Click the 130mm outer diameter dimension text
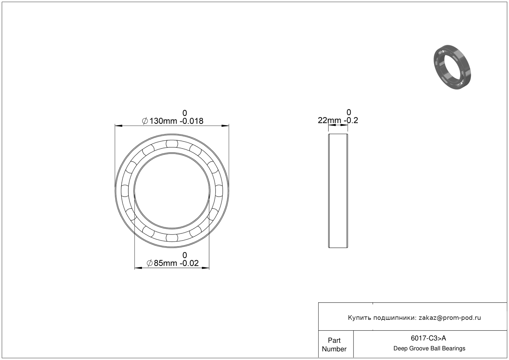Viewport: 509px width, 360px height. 163,121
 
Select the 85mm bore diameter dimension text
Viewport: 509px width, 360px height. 165,263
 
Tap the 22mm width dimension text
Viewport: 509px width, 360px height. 329,121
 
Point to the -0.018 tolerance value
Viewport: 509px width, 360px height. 191,121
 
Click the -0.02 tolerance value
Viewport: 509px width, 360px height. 189,263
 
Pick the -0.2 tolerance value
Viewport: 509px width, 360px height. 351,121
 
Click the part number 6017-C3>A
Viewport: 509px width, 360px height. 428,338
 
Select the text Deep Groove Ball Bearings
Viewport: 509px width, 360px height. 429,349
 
